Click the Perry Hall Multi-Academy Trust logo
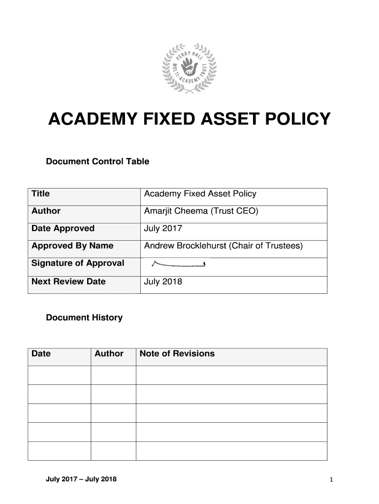[189, 68]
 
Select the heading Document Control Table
[97, 161]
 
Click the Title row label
[40, 194]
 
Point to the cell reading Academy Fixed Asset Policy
[200, 194]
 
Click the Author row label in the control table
[46, 211]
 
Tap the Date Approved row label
[63, 228]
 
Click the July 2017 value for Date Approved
[163, 228]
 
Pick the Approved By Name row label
[72, 246]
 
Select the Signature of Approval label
[78, 263]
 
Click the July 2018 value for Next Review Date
[163, 282]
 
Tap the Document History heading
[84, 318]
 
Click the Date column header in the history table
[41, 353]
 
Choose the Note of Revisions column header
[177, 353]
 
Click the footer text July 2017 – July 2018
[81, 480]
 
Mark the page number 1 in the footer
[332, 480]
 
